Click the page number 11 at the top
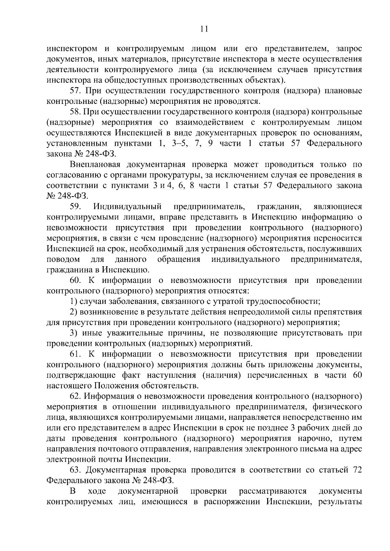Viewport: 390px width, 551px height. click(203, 29)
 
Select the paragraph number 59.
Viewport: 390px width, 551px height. click(76, 207)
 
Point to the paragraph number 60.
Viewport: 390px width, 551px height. click(76, 280)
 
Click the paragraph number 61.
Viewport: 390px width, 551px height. click(76, 354)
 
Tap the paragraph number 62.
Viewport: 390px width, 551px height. click(76, 396)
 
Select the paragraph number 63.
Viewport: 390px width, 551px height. click(76, 470)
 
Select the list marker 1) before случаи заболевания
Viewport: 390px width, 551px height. click(73, 301)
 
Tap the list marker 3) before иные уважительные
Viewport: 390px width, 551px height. click(73, 333)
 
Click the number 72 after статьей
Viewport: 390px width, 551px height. click(357, 470)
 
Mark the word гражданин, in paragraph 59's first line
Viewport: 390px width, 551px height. click(280, 207)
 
